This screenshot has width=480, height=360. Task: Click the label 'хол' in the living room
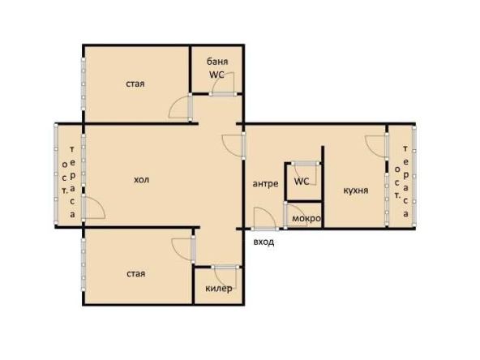(142, 178)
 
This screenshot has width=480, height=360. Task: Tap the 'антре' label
(266, 183)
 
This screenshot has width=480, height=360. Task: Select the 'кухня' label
(356, 190)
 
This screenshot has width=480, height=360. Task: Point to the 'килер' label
(219, 289)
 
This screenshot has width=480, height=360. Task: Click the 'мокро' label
(306, 219)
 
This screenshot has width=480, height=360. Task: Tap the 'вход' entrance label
(264, 242)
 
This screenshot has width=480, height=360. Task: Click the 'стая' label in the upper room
(135, 84)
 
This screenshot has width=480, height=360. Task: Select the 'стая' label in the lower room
(135, 273)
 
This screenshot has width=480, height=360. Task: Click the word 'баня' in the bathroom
(216, 62)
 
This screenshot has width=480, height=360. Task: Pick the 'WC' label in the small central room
(302, 182)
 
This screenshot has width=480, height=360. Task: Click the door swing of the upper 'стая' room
(178, 107)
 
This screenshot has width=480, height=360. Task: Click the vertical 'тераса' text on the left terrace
(73, 182)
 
